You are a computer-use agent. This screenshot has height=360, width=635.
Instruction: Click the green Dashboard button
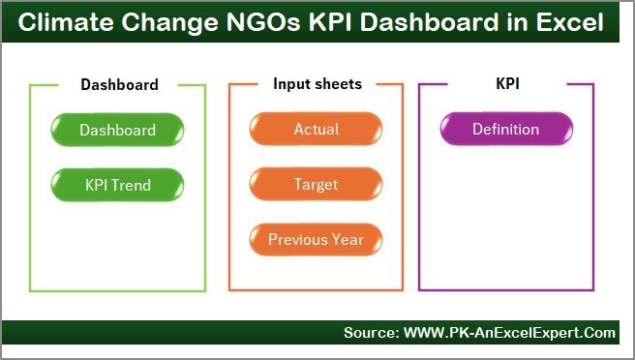tap(117, 130)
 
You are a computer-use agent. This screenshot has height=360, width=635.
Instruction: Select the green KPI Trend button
tap(117, 184)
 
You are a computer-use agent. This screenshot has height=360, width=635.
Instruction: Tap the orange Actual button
tap(316, 130)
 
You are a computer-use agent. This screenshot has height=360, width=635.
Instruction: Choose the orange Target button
tap(316, 184)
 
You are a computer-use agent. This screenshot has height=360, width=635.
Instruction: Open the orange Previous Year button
tap(316, 239)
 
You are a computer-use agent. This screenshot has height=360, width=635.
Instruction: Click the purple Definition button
tap(505, 130)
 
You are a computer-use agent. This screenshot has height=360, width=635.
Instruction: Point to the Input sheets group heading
tap(317, 84)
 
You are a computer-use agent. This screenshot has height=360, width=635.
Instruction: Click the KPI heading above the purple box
tap(506, 84)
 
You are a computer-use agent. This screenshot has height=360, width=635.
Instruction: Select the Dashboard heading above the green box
tap(119, 84)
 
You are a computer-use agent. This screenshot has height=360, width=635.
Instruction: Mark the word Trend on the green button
tap(135, 184)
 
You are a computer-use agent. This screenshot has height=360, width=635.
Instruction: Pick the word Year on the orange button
tap(348, 239)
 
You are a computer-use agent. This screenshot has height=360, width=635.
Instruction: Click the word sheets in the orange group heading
tap(339, 84)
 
